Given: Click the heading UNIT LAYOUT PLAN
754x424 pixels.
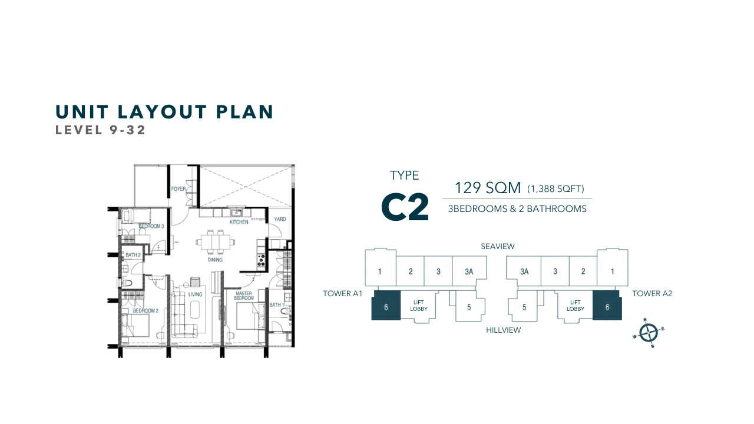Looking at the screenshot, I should coord(164,112).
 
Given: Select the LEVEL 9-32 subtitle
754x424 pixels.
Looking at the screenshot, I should coord(100,130).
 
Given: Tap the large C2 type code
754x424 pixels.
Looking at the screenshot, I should coord(405,207).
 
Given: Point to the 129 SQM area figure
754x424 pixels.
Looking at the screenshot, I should coord(488,188).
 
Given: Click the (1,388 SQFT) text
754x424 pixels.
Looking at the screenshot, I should coord(555,189).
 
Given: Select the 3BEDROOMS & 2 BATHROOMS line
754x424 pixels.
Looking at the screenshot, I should coord(517,208).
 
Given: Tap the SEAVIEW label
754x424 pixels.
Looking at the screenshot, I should coord(497,246).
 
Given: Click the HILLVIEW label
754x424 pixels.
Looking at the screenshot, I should coord(503,330).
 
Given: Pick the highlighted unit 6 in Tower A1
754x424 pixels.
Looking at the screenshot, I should coord(386,306).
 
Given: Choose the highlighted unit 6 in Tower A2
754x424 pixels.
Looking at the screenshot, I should coord(607,306).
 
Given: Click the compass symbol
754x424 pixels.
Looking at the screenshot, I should coord(647,333).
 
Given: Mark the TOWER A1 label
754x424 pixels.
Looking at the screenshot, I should coord(342,293).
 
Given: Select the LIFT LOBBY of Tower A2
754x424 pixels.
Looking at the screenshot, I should coord(575,306).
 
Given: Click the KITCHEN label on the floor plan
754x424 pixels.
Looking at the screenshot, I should coord(239,222).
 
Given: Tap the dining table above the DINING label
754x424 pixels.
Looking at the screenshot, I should coord(216,241).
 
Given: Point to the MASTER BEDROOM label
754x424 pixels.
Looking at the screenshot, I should coord(244,296).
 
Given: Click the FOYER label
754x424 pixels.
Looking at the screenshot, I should coord(178,189).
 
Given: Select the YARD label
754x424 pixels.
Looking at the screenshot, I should coord(280,220).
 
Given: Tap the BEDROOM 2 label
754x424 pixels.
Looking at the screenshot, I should coord(145,310).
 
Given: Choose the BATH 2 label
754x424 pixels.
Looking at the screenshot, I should coord(133,256).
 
